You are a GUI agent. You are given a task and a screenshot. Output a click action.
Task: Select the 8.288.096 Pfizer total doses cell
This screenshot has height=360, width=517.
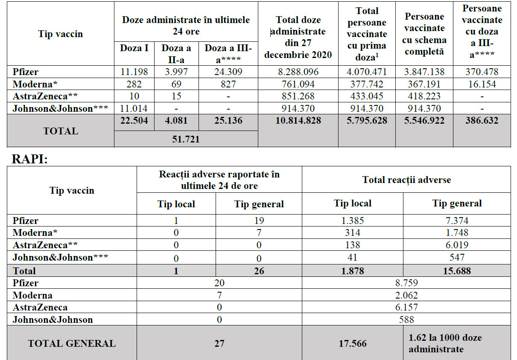[x=298, y=72]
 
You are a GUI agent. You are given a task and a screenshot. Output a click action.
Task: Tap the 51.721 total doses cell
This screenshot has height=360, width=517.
[x=186, y=139]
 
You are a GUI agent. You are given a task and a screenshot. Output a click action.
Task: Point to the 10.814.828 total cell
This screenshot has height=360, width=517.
[x=298, y=121]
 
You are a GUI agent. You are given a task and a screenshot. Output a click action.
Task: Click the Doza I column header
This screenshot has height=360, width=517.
[x=134, y=48]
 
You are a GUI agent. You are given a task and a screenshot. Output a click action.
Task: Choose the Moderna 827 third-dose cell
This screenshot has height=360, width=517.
[x=228, y=84]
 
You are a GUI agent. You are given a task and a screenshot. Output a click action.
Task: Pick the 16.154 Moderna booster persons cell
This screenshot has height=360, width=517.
[x=482, y=84]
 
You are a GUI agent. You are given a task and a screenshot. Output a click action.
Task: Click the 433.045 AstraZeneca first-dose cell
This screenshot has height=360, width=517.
[x=366, y=96]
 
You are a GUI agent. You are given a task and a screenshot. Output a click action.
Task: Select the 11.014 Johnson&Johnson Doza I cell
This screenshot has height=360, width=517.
[x=134, y=108]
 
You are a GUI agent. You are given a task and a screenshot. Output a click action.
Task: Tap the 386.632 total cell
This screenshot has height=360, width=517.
[x=482, y=121]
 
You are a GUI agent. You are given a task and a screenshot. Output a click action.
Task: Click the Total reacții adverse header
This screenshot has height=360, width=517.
[x=406, y=180]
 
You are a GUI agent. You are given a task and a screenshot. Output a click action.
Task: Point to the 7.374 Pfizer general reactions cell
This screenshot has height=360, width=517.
[x=456, y=221]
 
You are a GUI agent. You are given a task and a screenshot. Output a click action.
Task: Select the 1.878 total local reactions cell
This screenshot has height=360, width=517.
[x=352, y=270]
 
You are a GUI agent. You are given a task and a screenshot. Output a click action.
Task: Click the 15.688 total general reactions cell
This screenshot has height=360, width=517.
[x=456, y=270]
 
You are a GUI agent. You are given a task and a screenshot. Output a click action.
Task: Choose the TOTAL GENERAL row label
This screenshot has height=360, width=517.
[x=72, y=343]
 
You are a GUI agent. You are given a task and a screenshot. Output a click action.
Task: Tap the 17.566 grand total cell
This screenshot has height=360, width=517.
[x=352, y=343]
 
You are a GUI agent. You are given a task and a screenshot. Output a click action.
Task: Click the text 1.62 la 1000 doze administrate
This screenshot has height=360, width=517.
[x=445, y=343]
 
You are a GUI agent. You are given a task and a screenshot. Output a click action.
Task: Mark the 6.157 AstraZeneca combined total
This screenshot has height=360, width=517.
[x=406, y=307]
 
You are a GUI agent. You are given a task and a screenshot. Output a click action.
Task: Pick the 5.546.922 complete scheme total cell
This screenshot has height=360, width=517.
[x=424, y=121]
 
